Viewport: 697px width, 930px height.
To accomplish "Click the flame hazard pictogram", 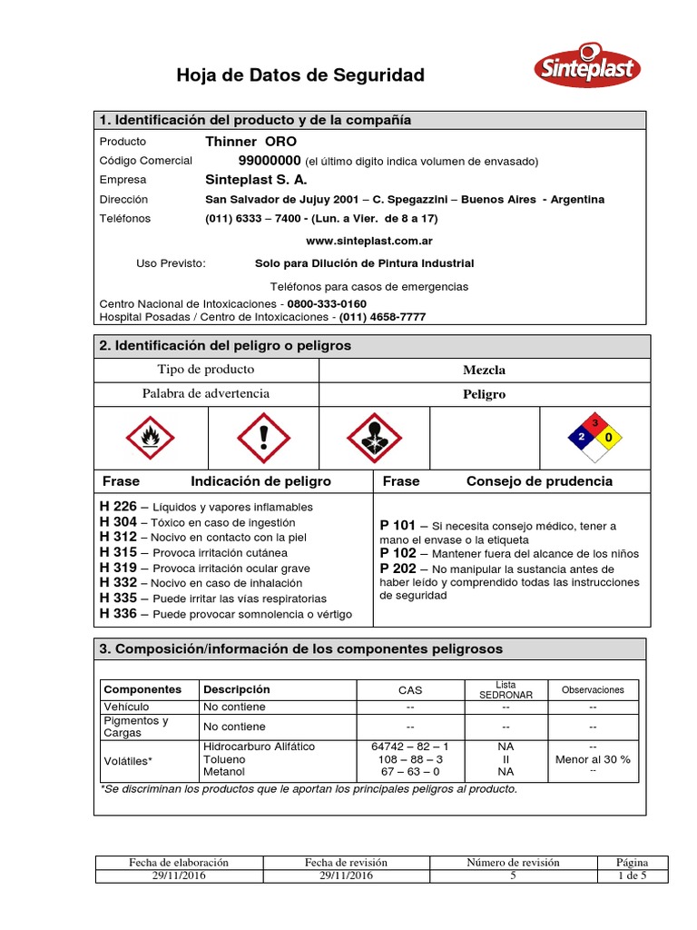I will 151,438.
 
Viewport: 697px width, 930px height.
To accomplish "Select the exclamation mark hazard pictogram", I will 263,438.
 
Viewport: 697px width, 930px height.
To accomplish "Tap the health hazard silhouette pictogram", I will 374,438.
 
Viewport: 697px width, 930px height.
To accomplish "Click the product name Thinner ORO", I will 250,142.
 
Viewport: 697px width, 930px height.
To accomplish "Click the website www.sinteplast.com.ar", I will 368,241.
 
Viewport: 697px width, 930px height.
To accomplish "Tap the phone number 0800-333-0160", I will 328,303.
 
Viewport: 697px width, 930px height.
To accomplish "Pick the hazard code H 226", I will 118,507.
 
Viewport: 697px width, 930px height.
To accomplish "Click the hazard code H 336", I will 118,614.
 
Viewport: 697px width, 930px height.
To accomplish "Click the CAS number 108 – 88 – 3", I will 409,759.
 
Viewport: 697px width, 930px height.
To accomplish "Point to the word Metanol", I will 224,772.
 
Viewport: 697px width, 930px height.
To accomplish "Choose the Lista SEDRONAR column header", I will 506,689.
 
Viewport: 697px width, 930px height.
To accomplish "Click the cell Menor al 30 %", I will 592,759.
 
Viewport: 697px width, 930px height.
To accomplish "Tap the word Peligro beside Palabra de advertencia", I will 484,395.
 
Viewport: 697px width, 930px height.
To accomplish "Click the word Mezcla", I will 484,370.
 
